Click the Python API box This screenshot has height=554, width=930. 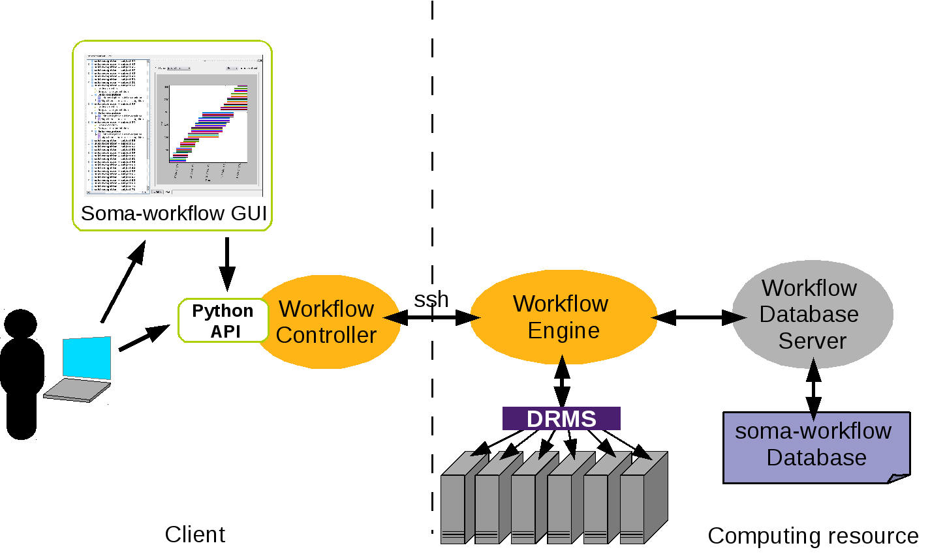pyautogui.click(x=223, y=321)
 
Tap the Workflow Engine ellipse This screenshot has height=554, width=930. pyautogui.click(x=563, y=317)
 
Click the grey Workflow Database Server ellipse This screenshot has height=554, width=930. pyautogui.click(x=811, y=314)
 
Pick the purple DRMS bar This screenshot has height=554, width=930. pyautogui.click(x=561, y=418)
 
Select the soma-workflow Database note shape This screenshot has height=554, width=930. pyautogui.click(x=816, y=447)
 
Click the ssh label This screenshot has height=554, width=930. pyautogui.click(x=431, y=299)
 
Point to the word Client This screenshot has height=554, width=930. pyautogui.click(x=194, y=534)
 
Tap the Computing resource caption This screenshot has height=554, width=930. pyautogui.click(x=813, y=536)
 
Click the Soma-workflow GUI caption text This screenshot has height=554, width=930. pyautogui.click(x=174, y=214)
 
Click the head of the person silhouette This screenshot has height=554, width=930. pyautogui.click(x=22, y=326)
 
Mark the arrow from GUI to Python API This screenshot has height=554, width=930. pyautogui.click(x=226, y=263)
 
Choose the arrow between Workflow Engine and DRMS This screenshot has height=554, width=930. pyautogui.click(x=562, y=381)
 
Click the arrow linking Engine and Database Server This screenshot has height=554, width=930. pyautogui.click(x=698, y=318)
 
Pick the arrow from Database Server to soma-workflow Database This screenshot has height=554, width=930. pyautogui.click(x=813, y=390)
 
